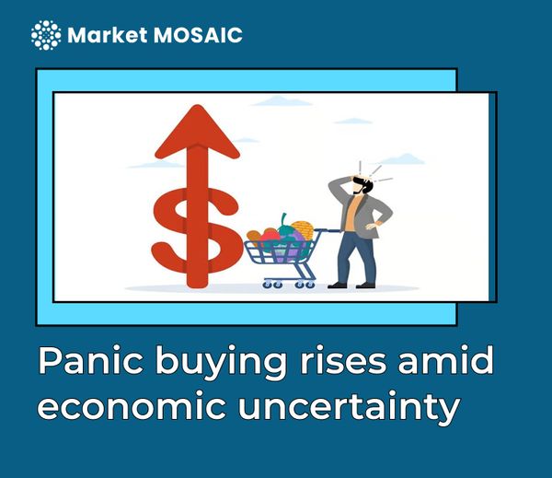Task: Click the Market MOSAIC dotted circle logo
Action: tap(46, 35)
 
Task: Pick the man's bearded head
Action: tap(363, 183)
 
